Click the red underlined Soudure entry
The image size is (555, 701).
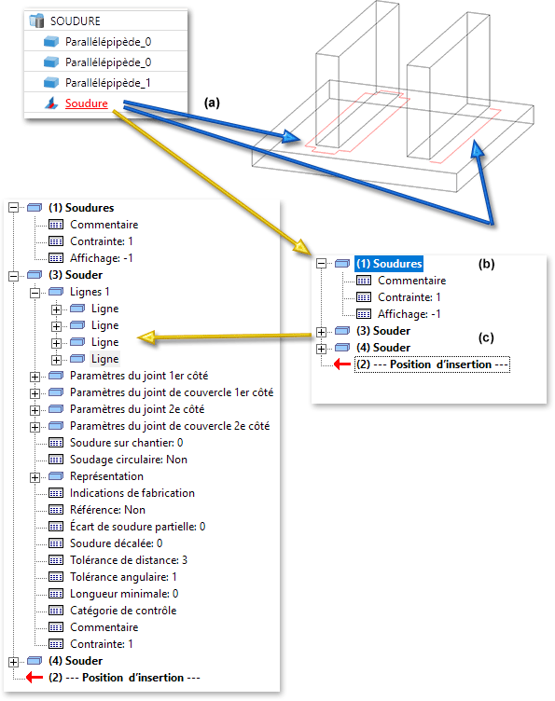pos(87,103)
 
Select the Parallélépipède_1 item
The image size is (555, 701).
pos(108,83)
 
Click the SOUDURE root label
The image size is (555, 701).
pos(76,21)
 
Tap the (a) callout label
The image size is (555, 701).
pos(212,103)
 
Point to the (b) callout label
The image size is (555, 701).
pos(487,264)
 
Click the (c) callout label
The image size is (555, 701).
pos(486,337)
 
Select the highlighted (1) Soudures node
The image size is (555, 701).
pos(389,264)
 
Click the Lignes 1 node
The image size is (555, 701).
pos(90,292)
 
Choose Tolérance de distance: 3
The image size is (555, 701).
pos(129,560)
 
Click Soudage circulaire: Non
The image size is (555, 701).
pos(129,460)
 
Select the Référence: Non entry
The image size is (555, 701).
pos(107,510)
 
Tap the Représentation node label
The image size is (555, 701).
pos(106,476)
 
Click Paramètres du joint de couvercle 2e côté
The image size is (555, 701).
pos(170,426)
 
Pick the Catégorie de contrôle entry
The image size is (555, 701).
pos(123,611)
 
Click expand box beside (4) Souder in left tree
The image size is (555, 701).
pos(13,662)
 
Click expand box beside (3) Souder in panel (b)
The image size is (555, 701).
pos(321,332)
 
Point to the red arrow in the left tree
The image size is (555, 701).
pos(35,678)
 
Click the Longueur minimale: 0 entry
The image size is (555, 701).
pos(124,594)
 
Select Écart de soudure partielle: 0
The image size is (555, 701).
pos(138,527)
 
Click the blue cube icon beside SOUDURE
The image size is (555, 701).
pos(36,21)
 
